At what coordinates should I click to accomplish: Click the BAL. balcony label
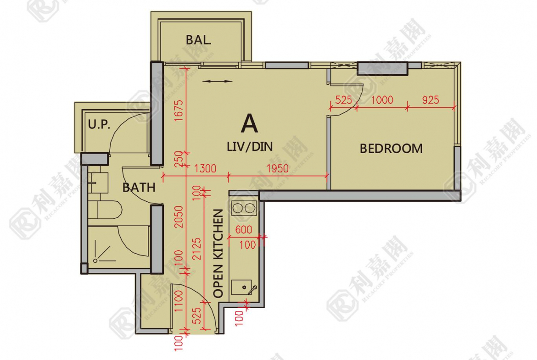(199, 40)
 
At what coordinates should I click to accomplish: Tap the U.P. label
(99, 124)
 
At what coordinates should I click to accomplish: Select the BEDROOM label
(391, 149)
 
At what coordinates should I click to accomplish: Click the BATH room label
(139, 188)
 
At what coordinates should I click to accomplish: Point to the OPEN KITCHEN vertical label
(218, 253)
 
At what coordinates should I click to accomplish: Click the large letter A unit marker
(249, 123)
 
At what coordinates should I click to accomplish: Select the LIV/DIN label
(250, 147)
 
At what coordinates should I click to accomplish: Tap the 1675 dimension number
(179, 111)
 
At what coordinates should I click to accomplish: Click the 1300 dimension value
(205, 168)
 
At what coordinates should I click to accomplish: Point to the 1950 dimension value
(277, 168)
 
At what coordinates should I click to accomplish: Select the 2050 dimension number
(179, 216)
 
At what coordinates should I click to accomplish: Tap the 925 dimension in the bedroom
(431, 100)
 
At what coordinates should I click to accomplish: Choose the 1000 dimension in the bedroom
(382, 100)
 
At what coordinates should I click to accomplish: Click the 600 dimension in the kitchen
(244, 230)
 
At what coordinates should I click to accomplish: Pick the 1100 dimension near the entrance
(179, 301)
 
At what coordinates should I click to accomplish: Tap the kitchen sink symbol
(244, 288)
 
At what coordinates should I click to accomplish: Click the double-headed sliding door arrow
(217, 82)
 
